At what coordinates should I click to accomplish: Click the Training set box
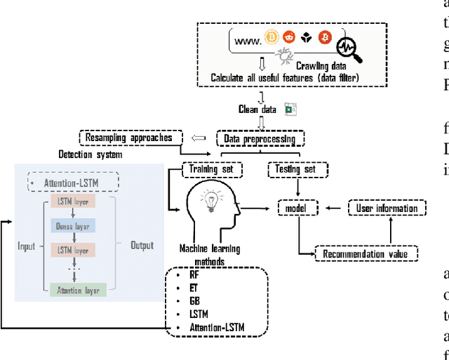tap(213, 169)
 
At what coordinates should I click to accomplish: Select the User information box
tap(386, 208)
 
